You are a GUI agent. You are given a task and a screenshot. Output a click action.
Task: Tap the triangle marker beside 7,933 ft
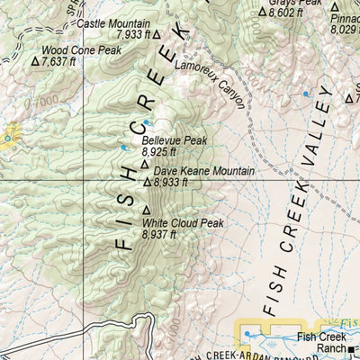[157, 34]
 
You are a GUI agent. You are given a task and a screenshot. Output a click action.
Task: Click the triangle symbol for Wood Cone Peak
[35, 62]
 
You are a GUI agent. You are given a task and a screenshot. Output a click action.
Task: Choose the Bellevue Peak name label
[174, 141]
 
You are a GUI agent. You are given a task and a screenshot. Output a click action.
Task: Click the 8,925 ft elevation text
[161, 152]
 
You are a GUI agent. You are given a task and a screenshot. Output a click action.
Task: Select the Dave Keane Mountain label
[202, 170]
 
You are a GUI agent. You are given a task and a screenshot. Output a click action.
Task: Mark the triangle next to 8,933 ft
[148, 182]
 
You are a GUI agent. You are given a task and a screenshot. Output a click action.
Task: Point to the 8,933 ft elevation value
[171, 182]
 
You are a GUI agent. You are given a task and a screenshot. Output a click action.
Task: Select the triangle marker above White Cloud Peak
[146, 209]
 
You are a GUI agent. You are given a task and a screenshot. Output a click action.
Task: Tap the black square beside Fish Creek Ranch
[354, 349]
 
